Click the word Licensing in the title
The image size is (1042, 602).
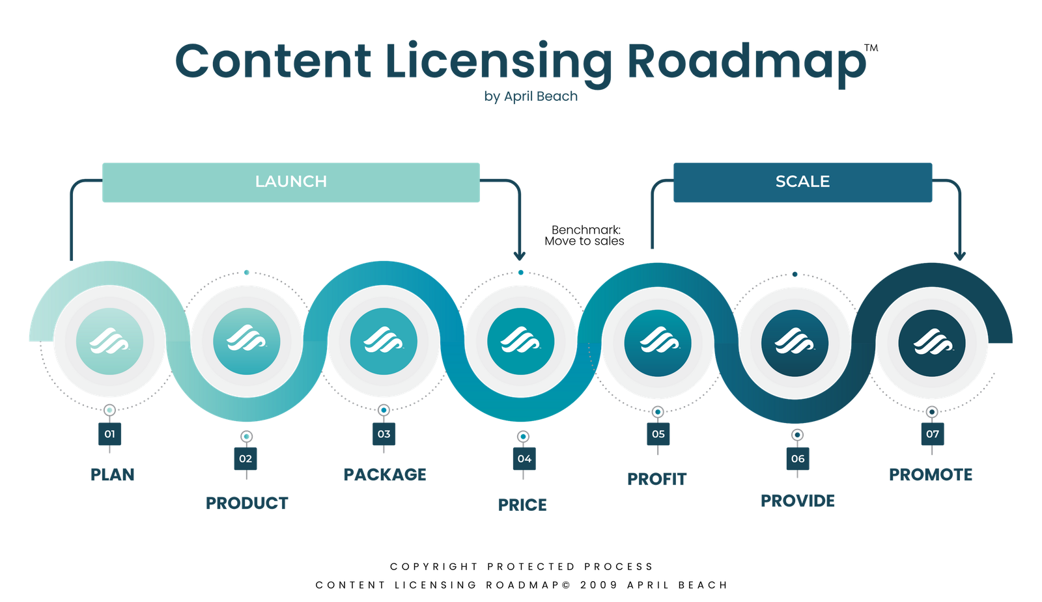pos(498,62)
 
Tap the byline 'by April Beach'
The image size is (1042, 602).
pos(531,96)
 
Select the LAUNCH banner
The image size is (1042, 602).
pos(290,182)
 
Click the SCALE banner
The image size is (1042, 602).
pos(802,182)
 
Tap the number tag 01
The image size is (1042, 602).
pos(109,434)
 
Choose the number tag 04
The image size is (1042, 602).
pos(524,459)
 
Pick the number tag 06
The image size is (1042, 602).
pos(798,459)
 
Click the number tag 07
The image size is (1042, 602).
pos(933,434)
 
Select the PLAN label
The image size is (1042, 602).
pos(112,475)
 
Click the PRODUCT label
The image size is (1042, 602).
pos(247,503)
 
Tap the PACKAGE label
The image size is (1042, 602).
pos(385,475)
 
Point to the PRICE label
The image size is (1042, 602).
pos(522,504)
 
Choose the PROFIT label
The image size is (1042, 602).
pos(656,479)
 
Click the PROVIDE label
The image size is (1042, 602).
pos(798,501)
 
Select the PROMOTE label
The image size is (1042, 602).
pos(931,475)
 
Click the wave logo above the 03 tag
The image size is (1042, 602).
pos(384,341)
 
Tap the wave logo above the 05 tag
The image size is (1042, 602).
pos(658,341)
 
